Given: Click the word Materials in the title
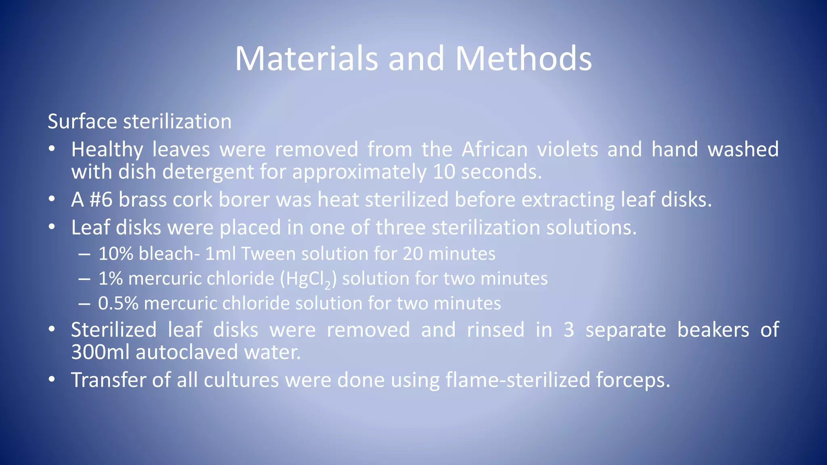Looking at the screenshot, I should (306, 59).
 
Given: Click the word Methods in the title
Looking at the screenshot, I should (523, 59).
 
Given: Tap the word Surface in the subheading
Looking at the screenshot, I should (82, 121).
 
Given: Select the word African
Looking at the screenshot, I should (495, 149).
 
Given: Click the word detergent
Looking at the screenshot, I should (208, 172).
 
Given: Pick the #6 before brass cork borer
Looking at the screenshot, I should (101, 199).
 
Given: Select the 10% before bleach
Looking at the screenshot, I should (115, 254).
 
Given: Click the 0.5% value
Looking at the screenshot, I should (118, 304).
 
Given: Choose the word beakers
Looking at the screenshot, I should (713, 330).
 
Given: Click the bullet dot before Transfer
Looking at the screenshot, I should (51, 380).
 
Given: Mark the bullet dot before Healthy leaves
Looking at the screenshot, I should (51, 149).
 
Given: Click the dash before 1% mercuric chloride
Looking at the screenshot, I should (84, 279).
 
